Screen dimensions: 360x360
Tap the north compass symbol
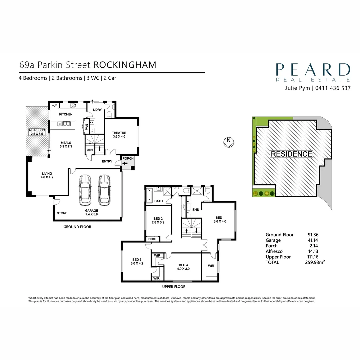tap(228, 141)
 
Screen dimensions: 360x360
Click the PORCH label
tap(128, 158)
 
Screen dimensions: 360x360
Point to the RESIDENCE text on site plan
tap(291, 154)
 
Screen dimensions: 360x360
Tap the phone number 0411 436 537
tap(332, 88)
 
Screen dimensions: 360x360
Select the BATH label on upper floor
tap(159, 201)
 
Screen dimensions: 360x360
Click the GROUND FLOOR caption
tap(77, 227)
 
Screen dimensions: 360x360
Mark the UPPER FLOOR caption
tap(174, 287)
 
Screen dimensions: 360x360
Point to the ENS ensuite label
tap(195, 210)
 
